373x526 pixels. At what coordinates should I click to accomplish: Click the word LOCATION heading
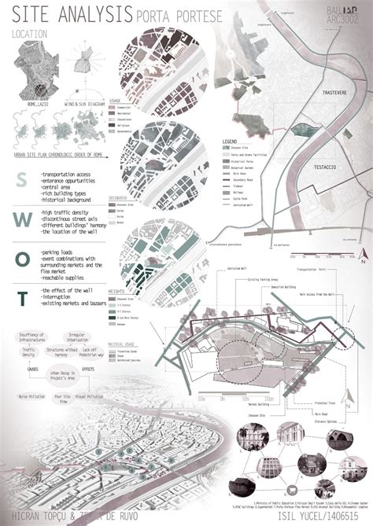pyautogui.click(x=31, y=34)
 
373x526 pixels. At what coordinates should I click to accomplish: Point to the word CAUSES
pyautogui.click(x=33, y=367)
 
